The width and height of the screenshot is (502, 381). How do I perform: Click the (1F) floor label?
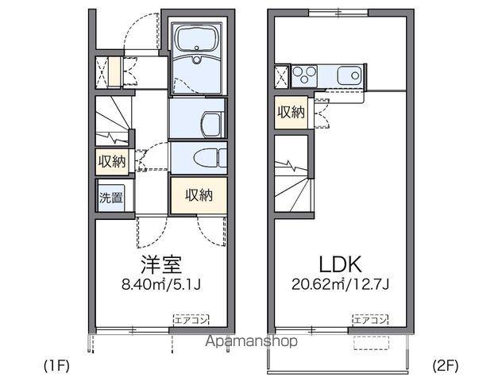pyautogui.click(x=57, y=366)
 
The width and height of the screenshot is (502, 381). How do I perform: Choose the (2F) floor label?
pyautogui.click(x=446, y=366)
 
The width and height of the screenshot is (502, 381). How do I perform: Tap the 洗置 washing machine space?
pyautogui.click(x=111, y=198)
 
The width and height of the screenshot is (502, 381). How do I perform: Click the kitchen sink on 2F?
pyautogui.click(x=349, y=76)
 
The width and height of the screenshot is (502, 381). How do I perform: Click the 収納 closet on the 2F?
pyautogui.click(x=291, y=112)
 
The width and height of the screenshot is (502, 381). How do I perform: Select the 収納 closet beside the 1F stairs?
pyautogui.click(x=112, y=162)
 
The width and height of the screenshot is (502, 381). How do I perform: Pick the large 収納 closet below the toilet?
pyautogui.click(x=198, y=194)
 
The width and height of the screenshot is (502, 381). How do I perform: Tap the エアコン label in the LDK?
pyautogui.click(x=369, y=321)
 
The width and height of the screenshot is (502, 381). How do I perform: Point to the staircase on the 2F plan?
pyautogui.click(x=292, y=179)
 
